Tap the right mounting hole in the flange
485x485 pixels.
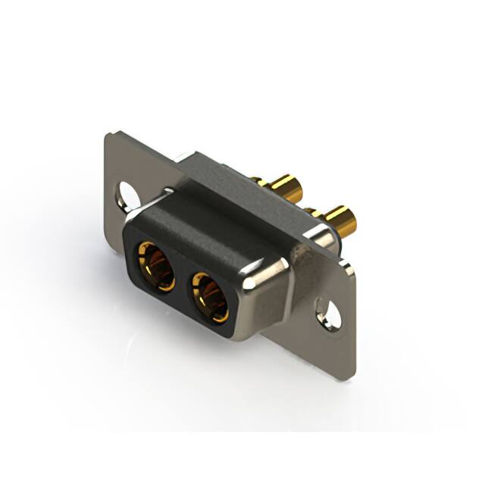coord(329,311)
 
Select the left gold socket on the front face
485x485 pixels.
coord(155,265)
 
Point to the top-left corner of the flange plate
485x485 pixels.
coord(111,134)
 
